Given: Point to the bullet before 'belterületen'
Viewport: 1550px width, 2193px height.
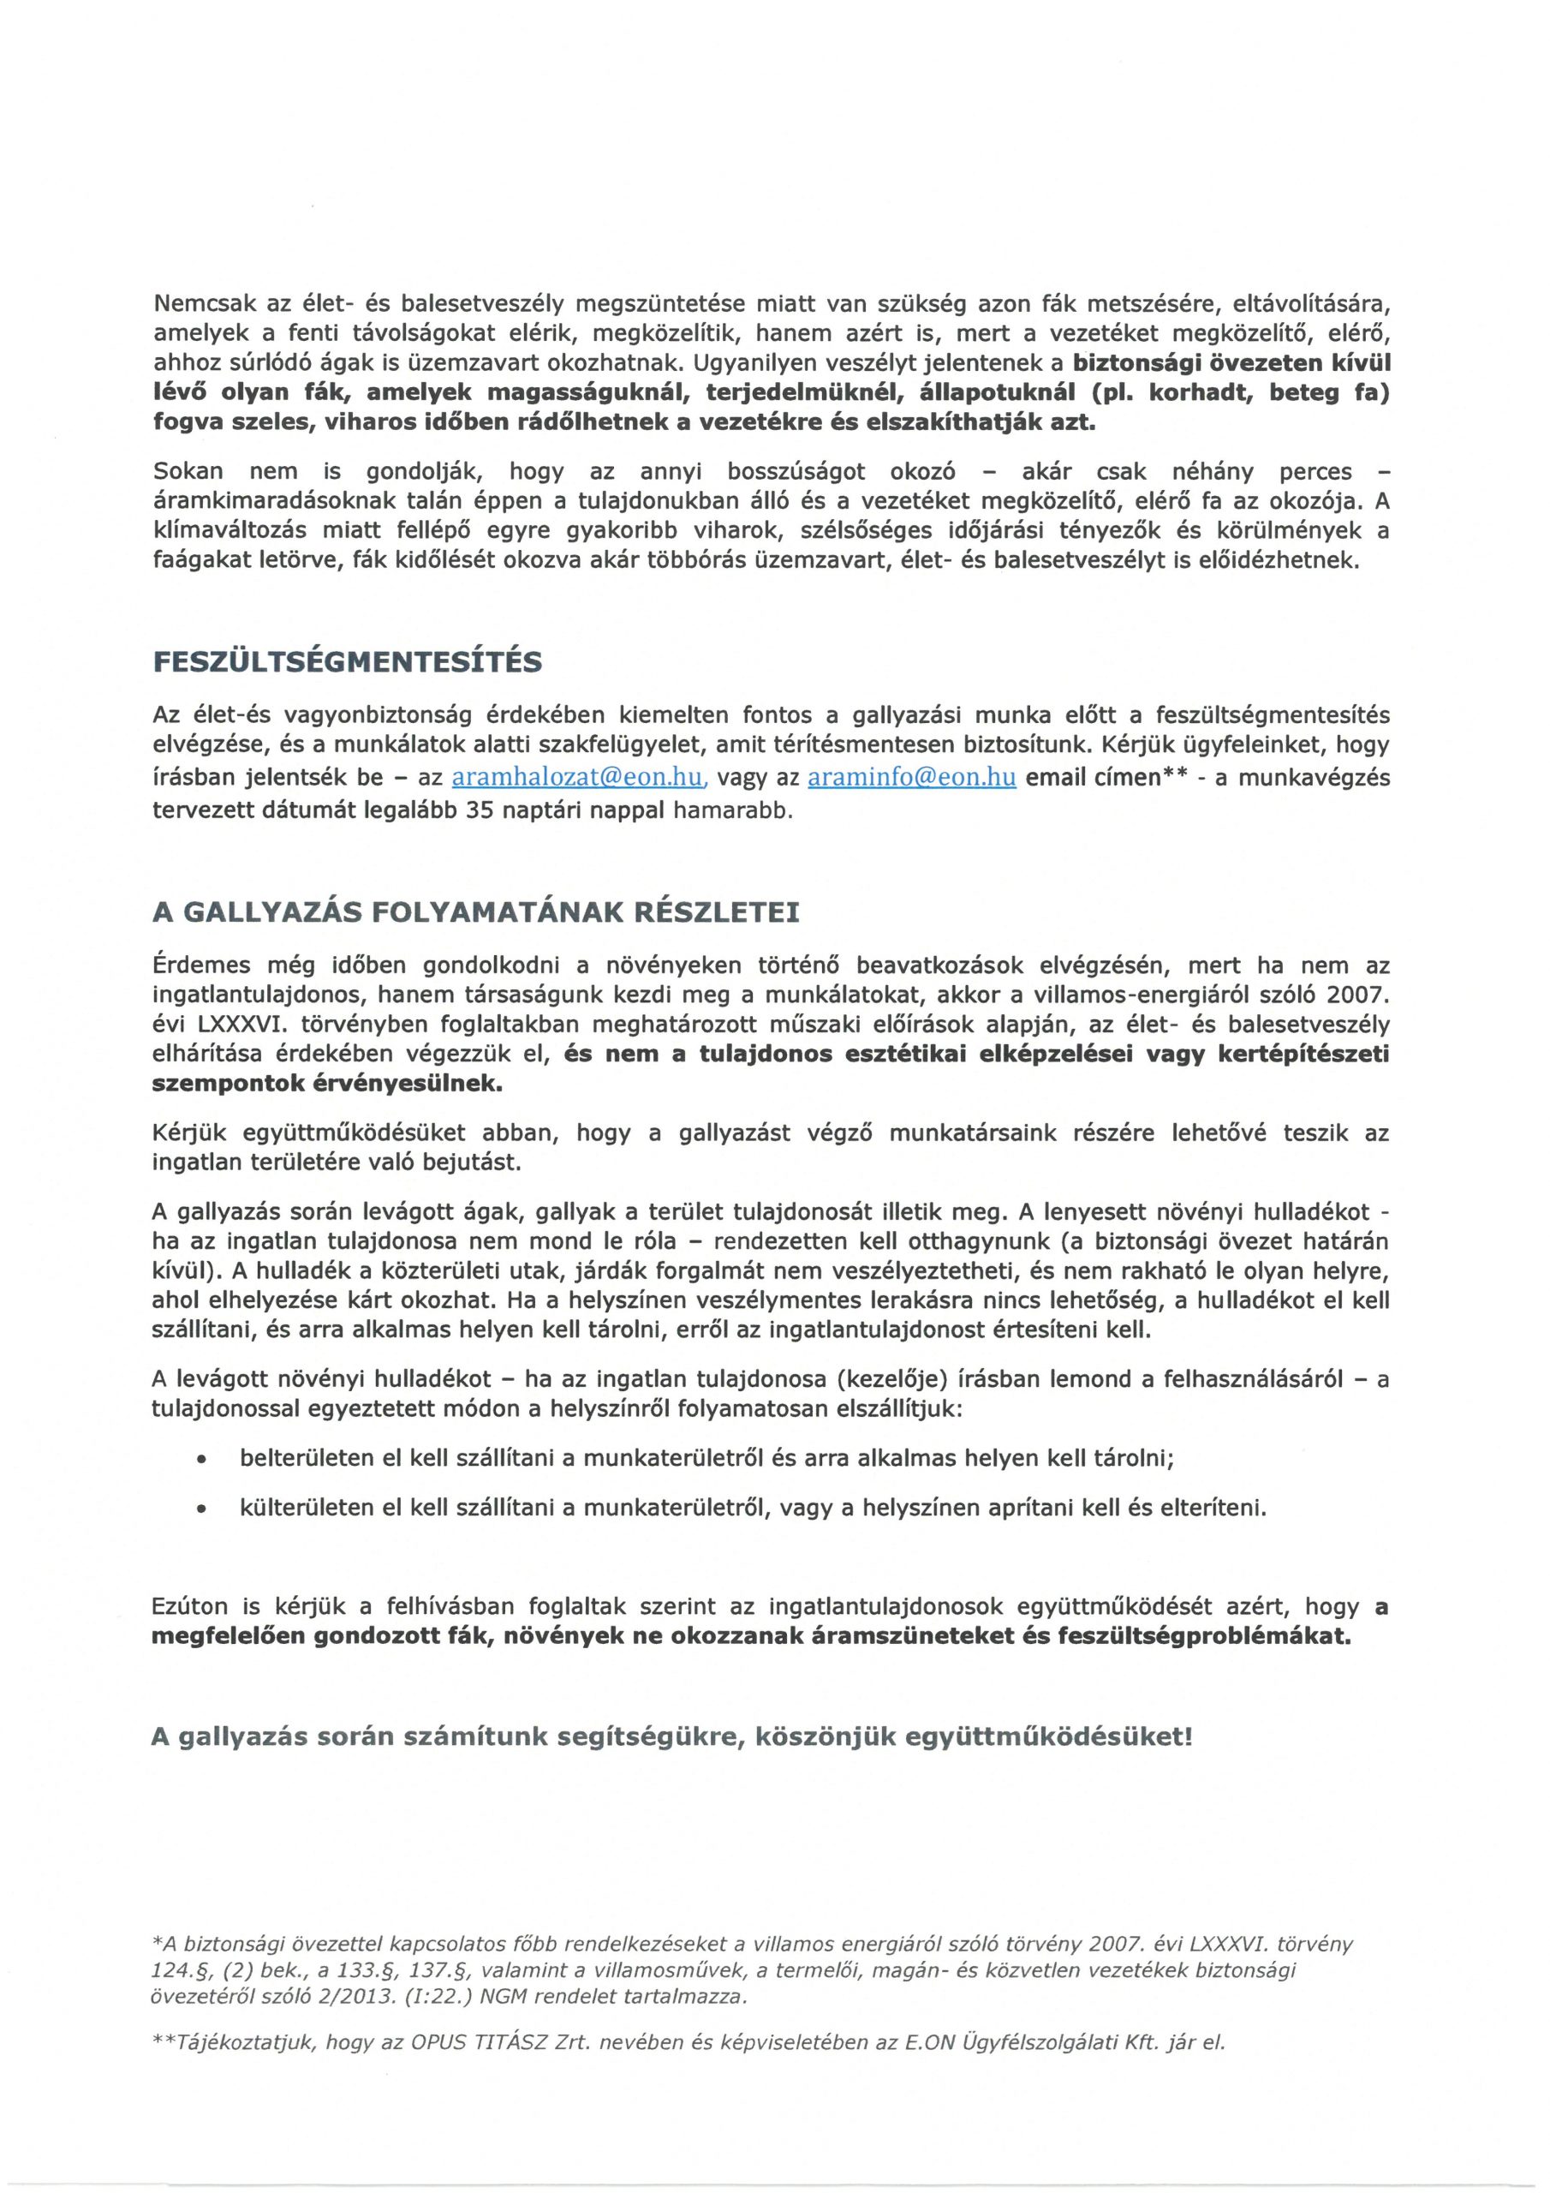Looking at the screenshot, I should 200,1461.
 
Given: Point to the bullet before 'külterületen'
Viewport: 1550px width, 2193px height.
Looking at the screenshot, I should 200,1509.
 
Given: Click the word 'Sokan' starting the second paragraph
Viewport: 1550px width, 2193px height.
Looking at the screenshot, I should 188,472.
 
